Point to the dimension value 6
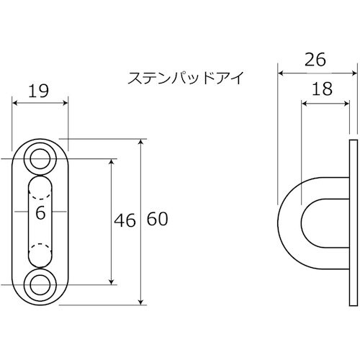coord(40,212)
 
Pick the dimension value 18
coord(323,90)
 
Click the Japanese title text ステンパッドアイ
coord(186,77)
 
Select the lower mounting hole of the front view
coord(40,282)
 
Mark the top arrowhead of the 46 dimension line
coord(110,161)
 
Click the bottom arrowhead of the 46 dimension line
coord(110,279)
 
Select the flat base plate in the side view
coord(351,220)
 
